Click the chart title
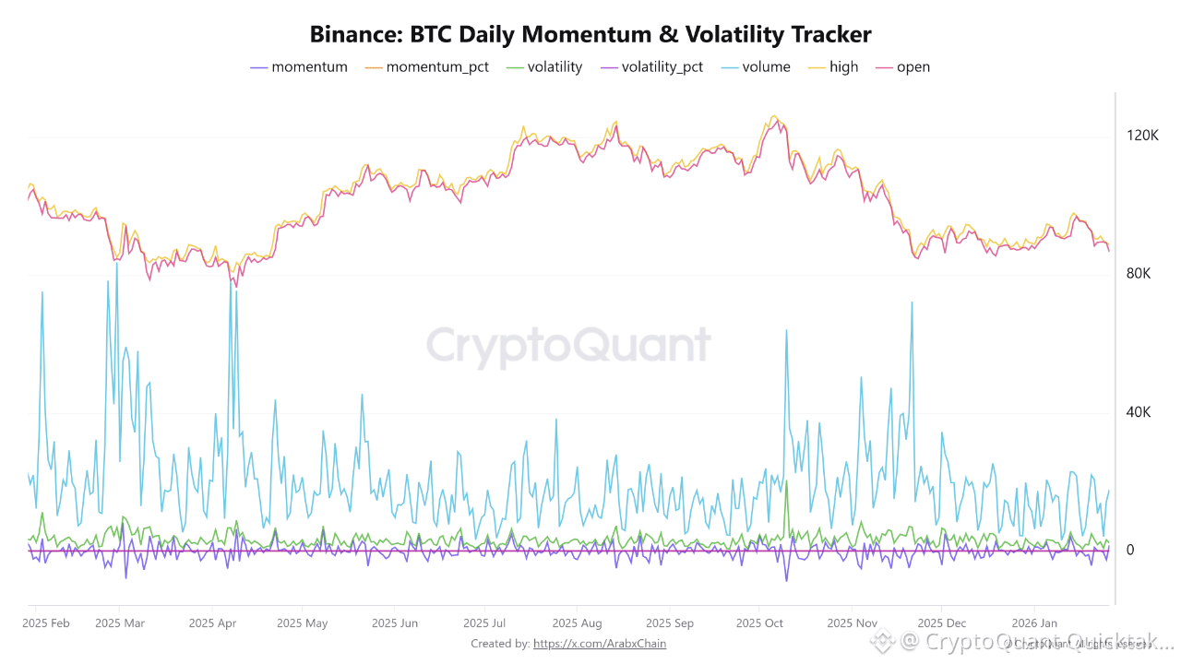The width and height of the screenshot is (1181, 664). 590,35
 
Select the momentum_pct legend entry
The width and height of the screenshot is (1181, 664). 437,67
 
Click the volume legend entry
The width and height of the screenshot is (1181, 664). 765,67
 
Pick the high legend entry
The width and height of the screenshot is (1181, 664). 843,67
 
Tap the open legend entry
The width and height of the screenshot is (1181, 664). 913,67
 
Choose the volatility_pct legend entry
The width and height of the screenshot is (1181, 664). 662,67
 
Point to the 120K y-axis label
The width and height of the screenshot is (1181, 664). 1142,136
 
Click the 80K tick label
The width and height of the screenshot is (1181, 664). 1138,274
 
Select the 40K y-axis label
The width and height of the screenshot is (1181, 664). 1138,412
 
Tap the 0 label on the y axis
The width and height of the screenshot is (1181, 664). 1130,551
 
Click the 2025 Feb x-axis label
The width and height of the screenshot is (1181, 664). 46,623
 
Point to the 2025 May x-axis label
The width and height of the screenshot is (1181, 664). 303,623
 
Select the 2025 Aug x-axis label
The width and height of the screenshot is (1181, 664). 577,623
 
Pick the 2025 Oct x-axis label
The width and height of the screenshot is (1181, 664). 759,623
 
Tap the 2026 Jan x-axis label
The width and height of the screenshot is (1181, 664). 1034,623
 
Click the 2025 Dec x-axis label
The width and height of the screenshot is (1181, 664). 942,623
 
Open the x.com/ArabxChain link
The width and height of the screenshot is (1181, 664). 599,644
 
